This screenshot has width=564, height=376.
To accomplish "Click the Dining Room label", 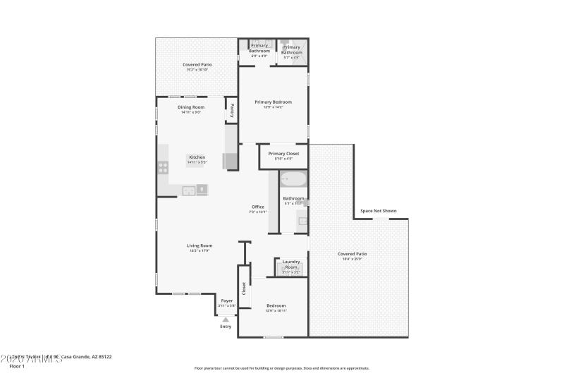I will pos(191,107).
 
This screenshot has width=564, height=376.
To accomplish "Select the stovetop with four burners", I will pos(163,168).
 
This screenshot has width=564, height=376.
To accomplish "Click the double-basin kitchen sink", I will pos(189,190).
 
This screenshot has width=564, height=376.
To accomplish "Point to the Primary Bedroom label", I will pos(273,102).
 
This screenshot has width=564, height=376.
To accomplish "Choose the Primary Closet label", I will pos(283,153).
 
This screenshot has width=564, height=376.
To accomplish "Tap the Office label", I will pos(257,207).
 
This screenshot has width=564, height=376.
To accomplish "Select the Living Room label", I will pos(200,245).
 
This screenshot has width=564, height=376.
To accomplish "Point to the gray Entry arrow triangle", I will pos(226,320).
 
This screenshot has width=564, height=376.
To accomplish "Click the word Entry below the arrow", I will pos(226,327).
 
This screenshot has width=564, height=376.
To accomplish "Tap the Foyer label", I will pos(227,301).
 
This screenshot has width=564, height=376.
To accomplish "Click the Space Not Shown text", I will pos(379,210).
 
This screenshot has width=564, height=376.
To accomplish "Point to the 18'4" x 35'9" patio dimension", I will pos(352,259).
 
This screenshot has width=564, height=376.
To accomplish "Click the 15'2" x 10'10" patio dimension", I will pos(197,69).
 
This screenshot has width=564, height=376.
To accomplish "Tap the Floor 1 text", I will pos(16,366).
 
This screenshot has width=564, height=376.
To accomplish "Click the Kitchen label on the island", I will pos(197,157).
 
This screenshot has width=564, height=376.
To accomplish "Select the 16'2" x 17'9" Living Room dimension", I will pos(200,250).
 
